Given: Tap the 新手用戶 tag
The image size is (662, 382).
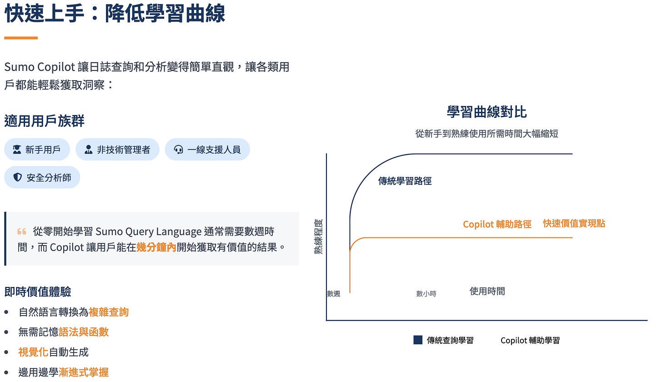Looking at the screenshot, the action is pyautogui.click(x=37, y=150).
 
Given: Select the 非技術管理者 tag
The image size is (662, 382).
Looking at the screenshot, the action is pyautogui.click(x=117, y=150).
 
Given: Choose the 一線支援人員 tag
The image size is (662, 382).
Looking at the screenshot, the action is pyautogui.click(x=207, y=150).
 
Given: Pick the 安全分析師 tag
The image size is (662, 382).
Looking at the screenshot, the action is pyautogui.click(x=42, y=177).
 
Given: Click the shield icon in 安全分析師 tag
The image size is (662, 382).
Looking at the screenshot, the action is pyautogui.click(x=17, y=177).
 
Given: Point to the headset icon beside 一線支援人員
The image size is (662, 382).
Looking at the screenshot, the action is pyautogui.click(x=178, y=150).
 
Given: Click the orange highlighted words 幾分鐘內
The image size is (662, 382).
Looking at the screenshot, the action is pyautogui.click(x=156, y=248).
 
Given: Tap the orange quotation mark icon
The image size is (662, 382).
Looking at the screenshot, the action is pyautogui.click(x=21, y=231).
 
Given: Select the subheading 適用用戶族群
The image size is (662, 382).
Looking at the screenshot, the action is pyautogui.click(x=44, y=121).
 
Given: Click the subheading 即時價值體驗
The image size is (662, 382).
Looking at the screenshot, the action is pyautogui.click(x=38, y=292).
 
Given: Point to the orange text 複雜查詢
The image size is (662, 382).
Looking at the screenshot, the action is pyautogui.click(x=109, y=312).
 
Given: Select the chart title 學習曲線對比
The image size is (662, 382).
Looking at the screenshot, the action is pyautogui.click(x=486, y=112).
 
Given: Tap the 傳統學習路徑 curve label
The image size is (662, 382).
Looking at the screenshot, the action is pyautogui.click(x=405, y=181).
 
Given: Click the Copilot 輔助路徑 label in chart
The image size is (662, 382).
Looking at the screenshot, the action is pyautogui.click(x=497, y=224).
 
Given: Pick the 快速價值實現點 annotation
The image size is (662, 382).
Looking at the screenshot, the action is pyautogui.click(x=574, y=223).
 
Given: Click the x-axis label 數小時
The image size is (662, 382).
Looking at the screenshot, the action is pyautogui.click(x=426, y=294).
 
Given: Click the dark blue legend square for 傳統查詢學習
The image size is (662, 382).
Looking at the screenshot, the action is pyautogui.click(x=418, y=340).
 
